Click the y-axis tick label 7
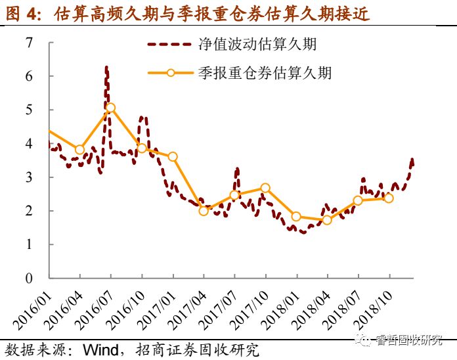click(29, 43)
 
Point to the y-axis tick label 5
click(29, 110)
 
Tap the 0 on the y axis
click(29, 278)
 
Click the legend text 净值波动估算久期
click(257, 45)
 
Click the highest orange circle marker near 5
click(110, 108)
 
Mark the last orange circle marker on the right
click(388, 198)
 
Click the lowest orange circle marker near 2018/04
click(326, 220)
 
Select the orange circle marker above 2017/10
click(265, 188)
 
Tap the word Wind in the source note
click(100, 349)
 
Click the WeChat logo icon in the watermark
click(364, 340)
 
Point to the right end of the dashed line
click(412, 160)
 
